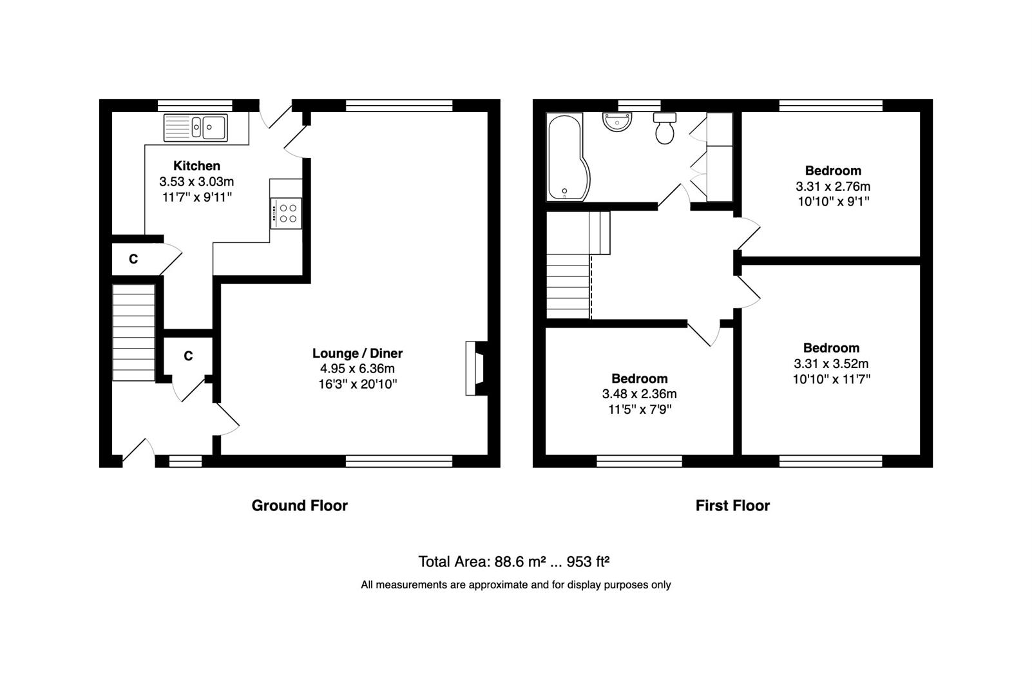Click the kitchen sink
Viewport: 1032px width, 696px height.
pyautogui.click(x=196, y=127)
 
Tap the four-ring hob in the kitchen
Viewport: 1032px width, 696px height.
pyautogui.click(x=286, y=213)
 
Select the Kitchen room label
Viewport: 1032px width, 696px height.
pyautogui.click(x=196, y=166)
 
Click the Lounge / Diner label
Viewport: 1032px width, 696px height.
pyautogui.click(x=358, y=353)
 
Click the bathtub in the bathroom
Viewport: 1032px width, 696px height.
pyautogui.click(x=568, y=157)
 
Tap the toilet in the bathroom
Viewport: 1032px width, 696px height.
pyautogui.click(x=664, y=128)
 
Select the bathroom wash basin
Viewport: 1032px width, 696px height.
pyautogui.click(x=617, y=122)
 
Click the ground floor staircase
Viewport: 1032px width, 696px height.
pyautogui.click(x=133, y=333)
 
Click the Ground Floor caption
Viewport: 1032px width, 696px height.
pyautogui.click(x=300, y=506)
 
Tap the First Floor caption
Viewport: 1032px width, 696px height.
pyautogui.click(x=732, y=506)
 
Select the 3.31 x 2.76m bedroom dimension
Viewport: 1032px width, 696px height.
pyautogui.click(x=833, y=186)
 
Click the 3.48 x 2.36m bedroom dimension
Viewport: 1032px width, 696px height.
pyautogui.click(x=640, y=394)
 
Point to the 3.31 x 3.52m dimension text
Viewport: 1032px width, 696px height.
pyautogui.click(x=831, y=363)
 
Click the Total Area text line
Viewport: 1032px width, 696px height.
pyautogui.click(x=514, y=561)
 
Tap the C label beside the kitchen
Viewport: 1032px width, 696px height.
pyautogui.click(x=133, y=259)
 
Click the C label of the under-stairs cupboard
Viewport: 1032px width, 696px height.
pyautogui.click(x=188, y=356)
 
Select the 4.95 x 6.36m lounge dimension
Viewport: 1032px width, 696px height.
pyautogui.click(x=358, y=368)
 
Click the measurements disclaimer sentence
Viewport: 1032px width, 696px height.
pyautogui.click(x=515, y=585)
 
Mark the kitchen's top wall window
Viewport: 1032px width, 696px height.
pyautogui.click(x=195, y=106)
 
